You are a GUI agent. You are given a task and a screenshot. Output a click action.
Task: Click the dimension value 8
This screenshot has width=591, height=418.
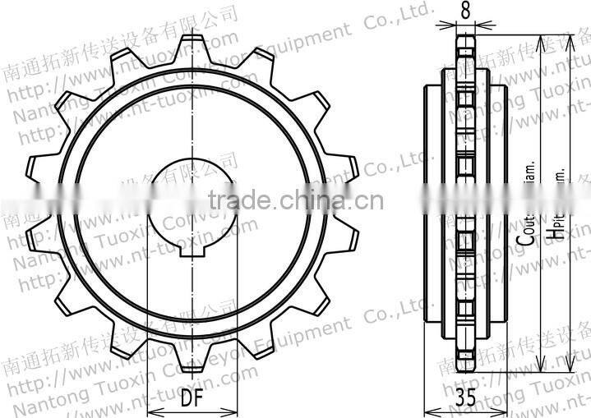[x=465, y=10]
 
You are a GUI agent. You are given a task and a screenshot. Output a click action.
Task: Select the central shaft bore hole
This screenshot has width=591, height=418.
[x=192, y=200]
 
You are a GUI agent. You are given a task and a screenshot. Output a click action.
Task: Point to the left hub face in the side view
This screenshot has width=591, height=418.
[x=428, y=200]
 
